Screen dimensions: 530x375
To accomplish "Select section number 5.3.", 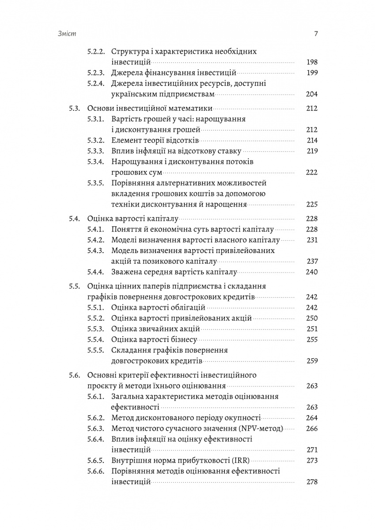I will pyautogui.click(x=74, y=108).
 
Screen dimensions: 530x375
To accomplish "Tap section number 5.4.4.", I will pyautogui.click(x=95, y=272).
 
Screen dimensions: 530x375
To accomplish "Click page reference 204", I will pyautogui.click(x=311, y=94).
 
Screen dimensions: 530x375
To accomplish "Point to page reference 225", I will pyautogui.click(x=311, y=204).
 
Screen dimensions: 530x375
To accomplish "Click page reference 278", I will pyautogui.click(x=311, y=482).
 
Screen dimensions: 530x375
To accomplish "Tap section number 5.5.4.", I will pyautogui.click(x=95, y=340).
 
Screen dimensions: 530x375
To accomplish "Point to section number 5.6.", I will pyautogui.click(x=74, y=375).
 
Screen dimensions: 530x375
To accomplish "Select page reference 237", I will pyautogui.click(x=311, y=261).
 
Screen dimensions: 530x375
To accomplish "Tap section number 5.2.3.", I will pyautogui.click(x=95, y=73).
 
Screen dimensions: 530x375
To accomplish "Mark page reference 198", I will pyautogui.click(x=311, y=62).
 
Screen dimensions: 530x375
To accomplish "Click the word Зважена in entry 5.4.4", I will pyautogui.click(x=126, y=272).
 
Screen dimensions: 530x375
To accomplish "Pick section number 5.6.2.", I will pyautogui.click(x=95, y=417).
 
